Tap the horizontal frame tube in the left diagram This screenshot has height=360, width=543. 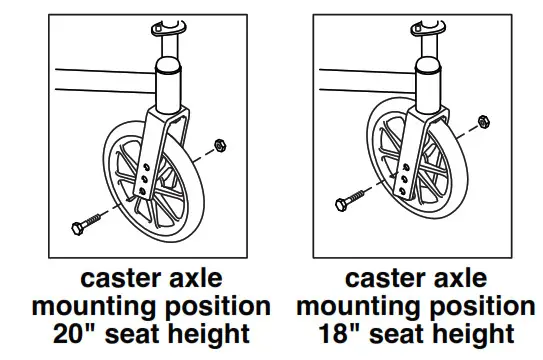click(x=100, y=82)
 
